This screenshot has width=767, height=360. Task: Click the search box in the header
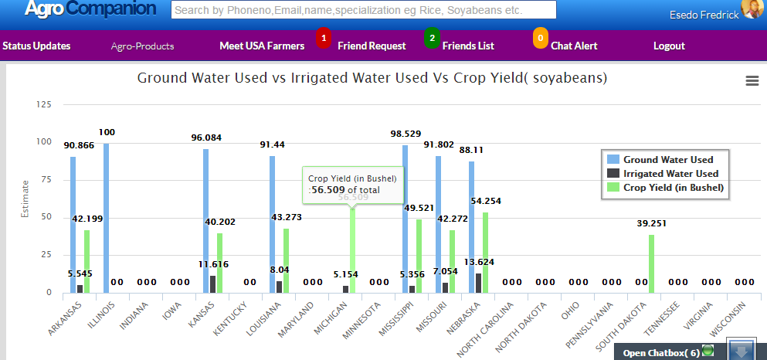click(363, 10)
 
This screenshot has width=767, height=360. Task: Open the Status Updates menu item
click(36, 46)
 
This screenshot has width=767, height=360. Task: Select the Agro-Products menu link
click(142, 46)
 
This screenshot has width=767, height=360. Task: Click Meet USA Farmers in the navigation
click(262, 46)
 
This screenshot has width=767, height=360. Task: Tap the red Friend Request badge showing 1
click(324, 37)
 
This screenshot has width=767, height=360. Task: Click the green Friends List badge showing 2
click(432, 37)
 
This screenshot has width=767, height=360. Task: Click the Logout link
click(669, 46)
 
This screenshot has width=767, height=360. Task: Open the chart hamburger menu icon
click(752, 81)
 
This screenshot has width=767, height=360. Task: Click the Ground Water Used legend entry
click(667, 160)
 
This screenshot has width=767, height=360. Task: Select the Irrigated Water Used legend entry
click(670, 174)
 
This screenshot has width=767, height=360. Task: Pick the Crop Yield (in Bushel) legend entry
click(673, 188)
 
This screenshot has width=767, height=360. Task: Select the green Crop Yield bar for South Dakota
click(651, 263)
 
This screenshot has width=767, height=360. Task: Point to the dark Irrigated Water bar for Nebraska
click(478, 283)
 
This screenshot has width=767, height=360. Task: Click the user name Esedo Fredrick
click(706, 15)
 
